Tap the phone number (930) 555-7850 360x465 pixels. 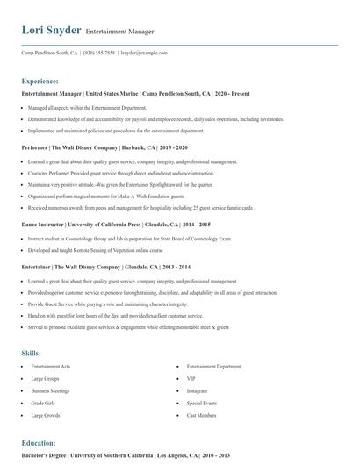coord(99,53)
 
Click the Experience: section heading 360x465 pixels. coord(40,81)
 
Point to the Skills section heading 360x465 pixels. coord(30,328)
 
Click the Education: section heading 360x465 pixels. coord(39,443)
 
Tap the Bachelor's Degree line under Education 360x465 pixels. coord(126,455)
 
